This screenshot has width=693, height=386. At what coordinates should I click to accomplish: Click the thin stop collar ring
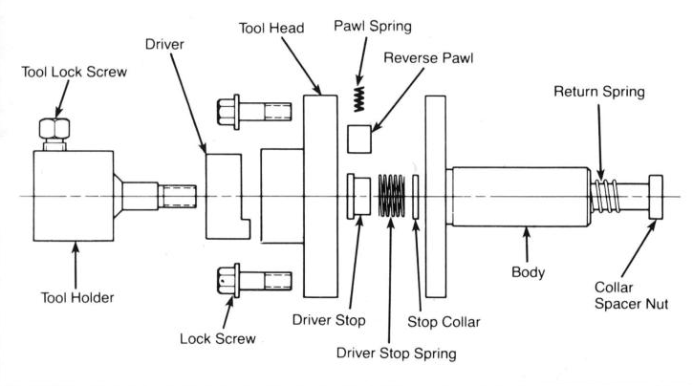tap(417, 199)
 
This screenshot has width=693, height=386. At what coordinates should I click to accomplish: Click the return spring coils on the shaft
tap(606, 196)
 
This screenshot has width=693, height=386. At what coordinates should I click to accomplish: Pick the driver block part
tap(227, 196)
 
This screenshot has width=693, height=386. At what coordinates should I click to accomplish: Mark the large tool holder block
tap(75, 196)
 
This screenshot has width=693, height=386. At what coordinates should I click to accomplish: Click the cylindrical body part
tap(516, 196)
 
